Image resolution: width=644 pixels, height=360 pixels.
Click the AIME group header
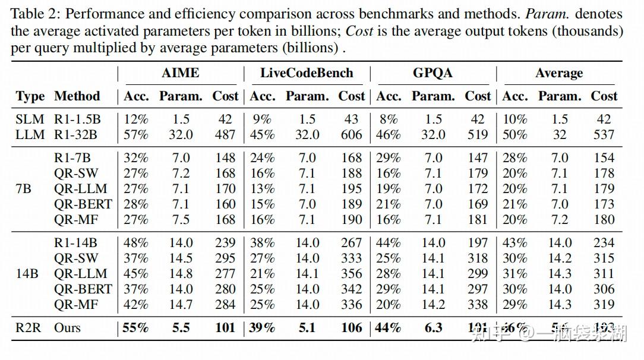pos(181,73)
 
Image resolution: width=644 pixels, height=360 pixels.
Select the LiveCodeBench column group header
pos(307,73)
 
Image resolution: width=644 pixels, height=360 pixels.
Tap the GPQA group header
pos(433,73)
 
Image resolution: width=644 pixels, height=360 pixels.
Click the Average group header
pos(559,73)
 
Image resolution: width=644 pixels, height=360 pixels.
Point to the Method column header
pos(77,96)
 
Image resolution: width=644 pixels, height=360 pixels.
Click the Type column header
pos(30,96)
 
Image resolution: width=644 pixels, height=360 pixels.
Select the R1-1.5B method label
pos(77,119)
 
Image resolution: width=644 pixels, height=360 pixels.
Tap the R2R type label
pos(29,327)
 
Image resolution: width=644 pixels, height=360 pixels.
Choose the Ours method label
pos(67,327)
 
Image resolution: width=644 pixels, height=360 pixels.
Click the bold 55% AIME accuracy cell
pos(135,327)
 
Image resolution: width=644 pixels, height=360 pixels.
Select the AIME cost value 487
pos(225,135)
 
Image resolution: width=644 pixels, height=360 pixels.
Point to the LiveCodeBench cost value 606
pos(351,135)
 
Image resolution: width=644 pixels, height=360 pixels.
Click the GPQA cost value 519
pos(478,135)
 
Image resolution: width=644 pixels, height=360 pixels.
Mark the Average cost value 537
pos(604,135)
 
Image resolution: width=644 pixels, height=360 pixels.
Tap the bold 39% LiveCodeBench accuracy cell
pos(262,327)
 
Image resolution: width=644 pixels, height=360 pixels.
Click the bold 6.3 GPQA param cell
pos(433,327)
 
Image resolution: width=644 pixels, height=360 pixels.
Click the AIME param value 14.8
pos(181,274)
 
